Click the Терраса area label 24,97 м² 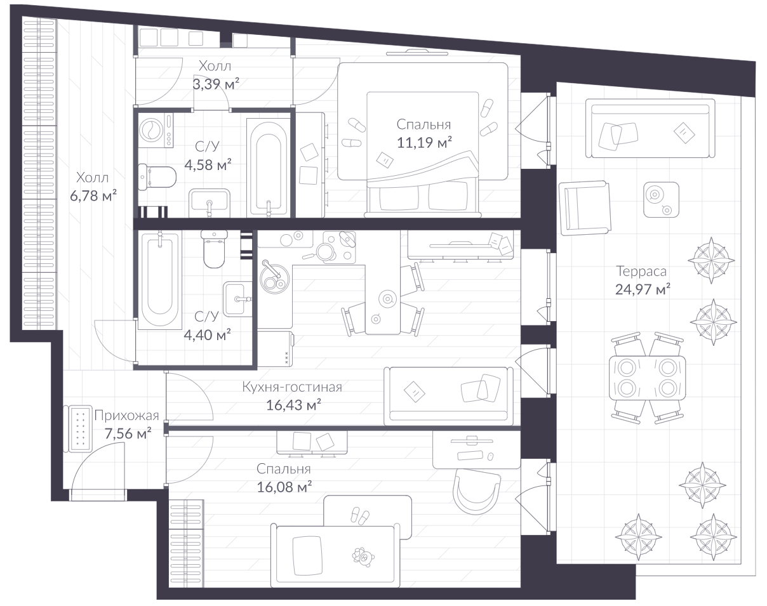click(643, 289)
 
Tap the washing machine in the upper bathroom click(156, 130)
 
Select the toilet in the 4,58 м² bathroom click(157, 177)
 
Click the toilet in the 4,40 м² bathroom click(214, 248)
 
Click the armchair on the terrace click(585, 207)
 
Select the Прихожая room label click(126, 416)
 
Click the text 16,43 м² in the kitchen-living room click(294, 405)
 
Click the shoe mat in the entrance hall click(80, 428)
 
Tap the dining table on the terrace click(647, 378)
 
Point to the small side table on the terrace click(661, 199)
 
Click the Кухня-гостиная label click(292, 387)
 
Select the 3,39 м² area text click(216, 84)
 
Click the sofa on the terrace click(650, 128)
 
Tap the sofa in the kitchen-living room click(449, 396)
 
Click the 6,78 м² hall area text click(93, 195)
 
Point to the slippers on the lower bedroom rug click(361, 515)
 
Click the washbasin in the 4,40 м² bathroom click(237, 299)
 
